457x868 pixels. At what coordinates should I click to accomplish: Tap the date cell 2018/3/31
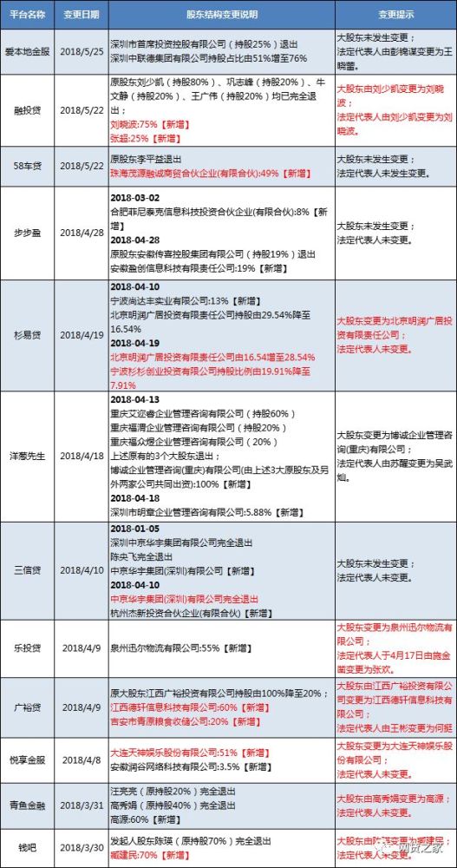click(x=82, y=801)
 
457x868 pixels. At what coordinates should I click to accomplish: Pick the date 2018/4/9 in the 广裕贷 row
click(x=82, y=708)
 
